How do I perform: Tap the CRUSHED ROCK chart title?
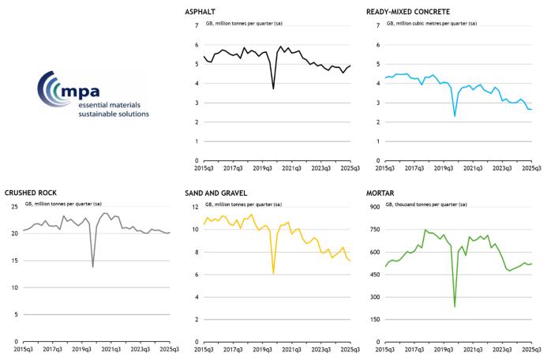[31, 193]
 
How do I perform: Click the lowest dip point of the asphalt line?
[273, 88]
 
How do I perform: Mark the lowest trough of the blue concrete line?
[455, 116]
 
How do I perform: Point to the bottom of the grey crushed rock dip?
[93, 267]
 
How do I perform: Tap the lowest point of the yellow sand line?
[273, 273]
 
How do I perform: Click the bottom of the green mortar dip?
[455, 306]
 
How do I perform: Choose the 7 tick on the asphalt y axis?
[197, 25]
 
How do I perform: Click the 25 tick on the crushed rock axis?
[13, 207]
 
